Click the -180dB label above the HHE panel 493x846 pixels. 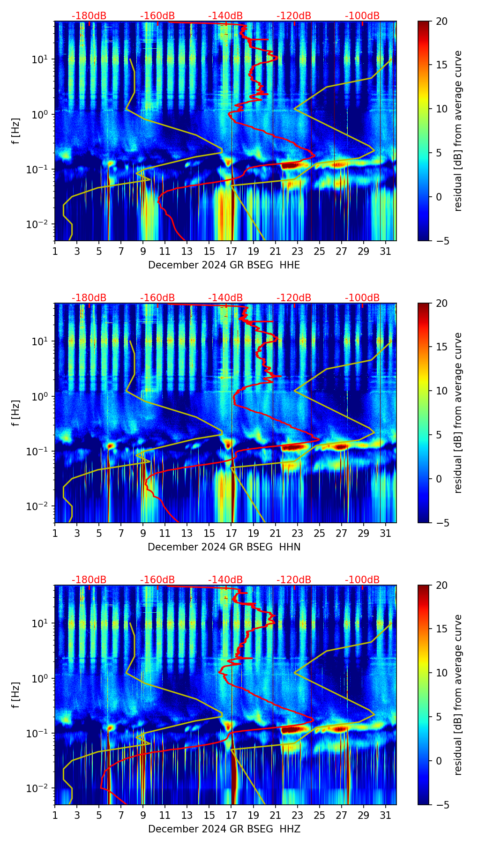pos(89,16)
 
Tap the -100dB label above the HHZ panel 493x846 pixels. pos(362,580)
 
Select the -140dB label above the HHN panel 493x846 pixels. pos(225,298)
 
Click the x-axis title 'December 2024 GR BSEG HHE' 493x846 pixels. pos(224,265)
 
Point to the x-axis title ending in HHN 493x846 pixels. pos(224,547)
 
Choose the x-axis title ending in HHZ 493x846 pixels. pos(224,829)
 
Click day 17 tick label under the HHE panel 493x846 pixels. pos(232,252)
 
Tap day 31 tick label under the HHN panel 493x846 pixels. pos(386,534)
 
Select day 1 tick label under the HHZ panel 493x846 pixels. pos(55,816)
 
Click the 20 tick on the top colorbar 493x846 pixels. pos(441,21)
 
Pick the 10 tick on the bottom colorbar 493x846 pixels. pos(441,673)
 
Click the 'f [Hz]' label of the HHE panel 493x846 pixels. pos(16,131)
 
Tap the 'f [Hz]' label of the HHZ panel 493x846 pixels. pos(16,695)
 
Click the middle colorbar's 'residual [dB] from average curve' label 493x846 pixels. pos(458,413)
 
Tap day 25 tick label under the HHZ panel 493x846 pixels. pos(320,816)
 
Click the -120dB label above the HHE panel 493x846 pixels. pos(294,16)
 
